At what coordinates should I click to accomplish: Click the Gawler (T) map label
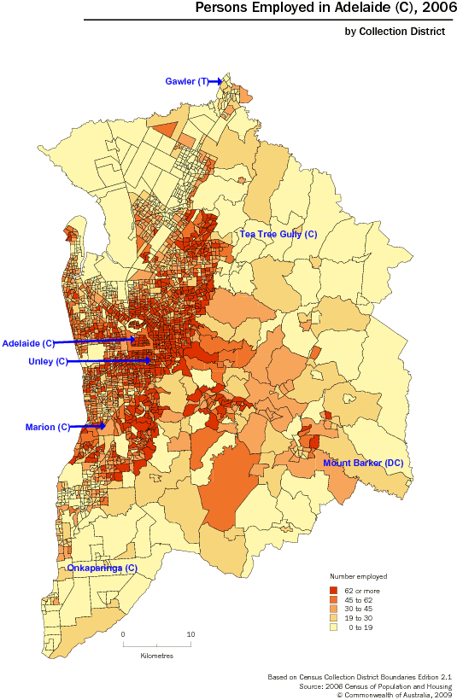point(185,81)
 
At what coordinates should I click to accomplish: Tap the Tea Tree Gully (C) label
point(278,233)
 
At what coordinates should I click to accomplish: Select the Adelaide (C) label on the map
point(28,343)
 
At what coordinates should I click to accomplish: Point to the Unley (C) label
point(48,362)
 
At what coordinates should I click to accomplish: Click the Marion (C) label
point(48,426)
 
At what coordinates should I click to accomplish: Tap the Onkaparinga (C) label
point(102,568)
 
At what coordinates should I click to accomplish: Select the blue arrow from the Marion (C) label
point(89,426)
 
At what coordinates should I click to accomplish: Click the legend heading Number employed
point(358,577)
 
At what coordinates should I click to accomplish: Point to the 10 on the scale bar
point(191,634)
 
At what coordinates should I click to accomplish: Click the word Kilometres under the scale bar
point(157,656)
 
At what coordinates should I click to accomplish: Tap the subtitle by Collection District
point(395,32)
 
